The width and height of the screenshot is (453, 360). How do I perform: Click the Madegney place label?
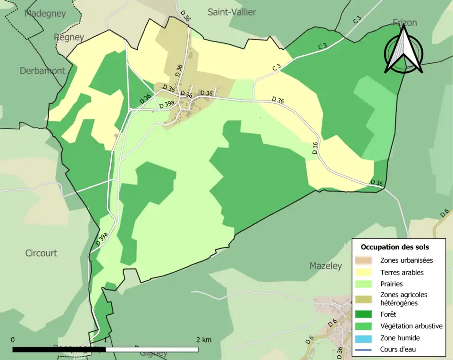(x=45, y=13)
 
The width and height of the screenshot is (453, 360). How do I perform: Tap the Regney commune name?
(x=69, y=37)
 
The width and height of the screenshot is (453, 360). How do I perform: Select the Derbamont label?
(x=42, y=71)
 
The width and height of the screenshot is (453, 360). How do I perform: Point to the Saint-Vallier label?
(x=232, y=12)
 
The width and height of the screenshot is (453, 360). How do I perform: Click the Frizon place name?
(x=404, y=23)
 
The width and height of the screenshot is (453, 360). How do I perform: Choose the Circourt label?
(x=41, y=253)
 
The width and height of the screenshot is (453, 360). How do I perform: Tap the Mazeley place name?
(x=325, y=266)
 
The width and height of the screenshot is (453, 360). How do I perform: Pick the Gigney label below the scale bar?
(x=154, y=353)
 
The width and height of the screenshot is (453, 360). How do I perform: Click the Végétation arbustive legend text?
(x=411, y=326)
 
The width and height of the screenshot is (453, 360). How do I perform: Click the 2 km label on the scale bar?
(x=204, y=340)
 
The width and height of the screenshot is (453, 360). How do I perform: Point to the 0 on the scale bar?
(x=13, y=340)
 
